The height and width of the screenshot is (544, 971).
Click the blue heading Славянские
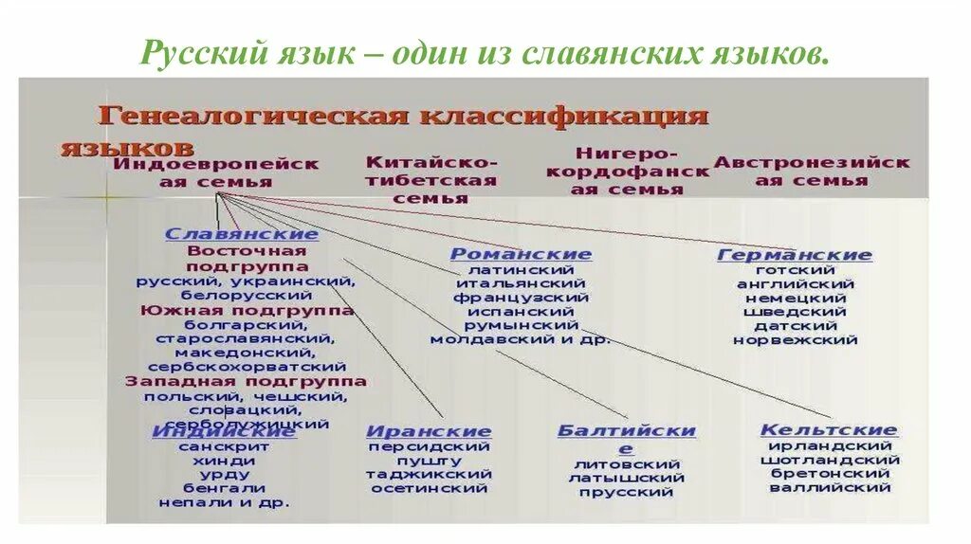tap(242, 234)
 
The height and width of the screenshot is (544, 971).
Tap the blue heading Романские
tap(520, 254)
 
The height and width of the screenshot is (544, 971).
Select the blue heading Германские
tap(795, 255)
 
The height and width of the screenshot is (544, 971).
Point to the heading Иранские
tap(429, 431)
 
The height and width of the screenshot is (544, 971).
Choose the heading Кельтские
tap(828, 430)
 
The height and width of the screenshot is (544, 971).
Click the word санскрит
tap(224, 445)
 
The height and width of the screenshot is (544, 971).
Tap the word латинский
tap(520, 269)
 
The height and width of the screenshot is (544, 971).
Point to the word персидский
tap(429, 445)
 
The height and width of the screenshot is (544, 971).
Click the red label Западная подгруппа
tap(246, 381)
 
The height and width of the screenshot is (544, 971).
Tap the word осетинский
tap(429, 488)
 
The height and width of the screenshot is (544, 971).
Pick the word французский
tap(520, 298)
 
